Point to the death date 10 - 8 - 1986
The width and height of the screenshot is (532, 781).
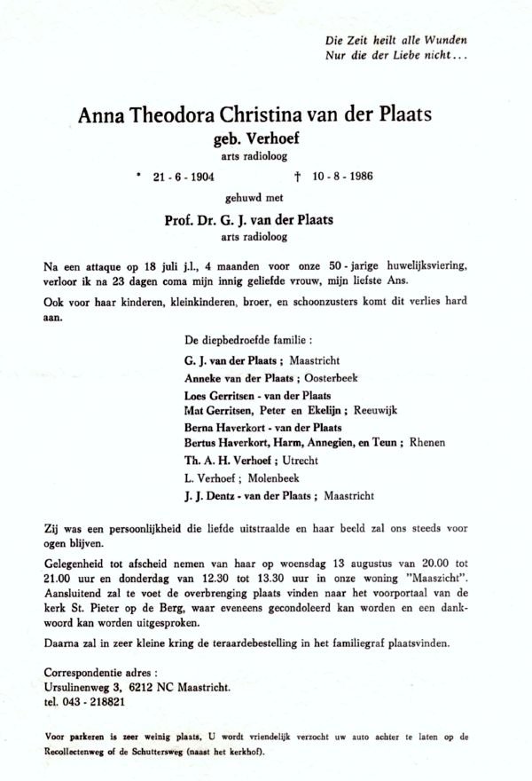pos(342,176)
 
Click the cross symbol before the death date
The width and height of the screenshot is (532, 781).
pos(302,176)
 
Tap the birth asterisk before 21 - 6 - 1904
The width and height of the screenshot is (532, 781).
pos(138,174)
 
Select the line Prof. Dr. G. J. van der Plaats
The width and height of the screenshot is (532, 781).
pos(260,220)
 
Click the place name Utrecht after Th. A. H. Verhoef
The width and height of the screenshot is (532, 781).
pos(299,461)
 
